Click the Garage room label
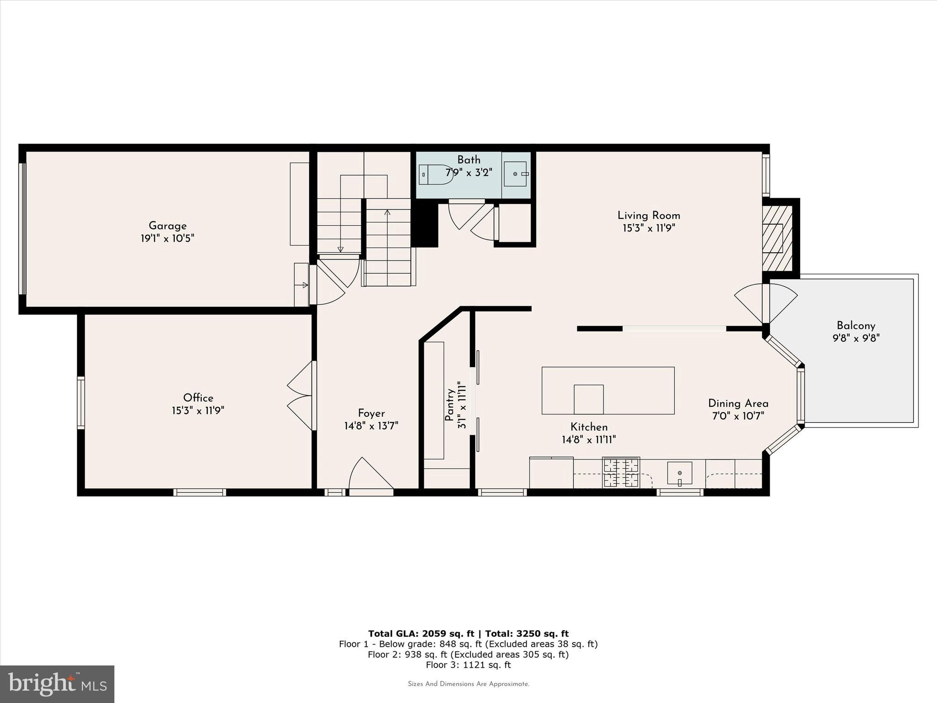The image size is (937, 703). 167,226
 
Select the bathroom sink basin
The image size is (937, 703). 516,174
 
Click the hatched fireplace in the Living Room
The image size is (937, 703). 776,238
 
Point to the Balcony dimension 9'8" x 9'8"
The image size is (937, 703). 856,339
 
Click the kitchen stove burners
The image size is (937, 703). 621,473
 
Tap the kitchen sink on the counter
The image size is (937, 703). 679,473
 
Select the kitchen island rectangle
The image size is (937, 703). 608,390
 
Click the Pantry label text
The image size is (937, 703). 450,405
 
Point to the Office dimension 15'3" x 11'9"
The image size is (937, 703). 198,411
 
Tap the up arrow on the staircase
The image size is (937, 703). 388,212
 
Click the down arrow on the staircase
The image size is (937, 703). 340,249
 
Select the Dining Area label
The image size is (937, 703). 738,403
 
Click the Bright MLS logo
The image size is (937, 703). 57,684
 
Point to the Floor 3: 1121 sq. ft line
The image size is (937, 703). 468,665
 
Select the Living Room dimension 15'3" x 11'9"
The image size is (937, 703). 648,228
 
